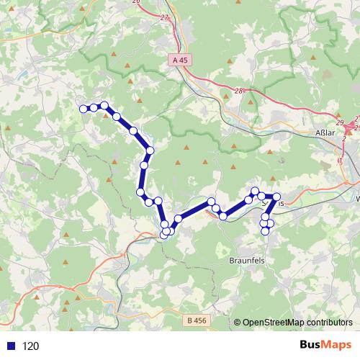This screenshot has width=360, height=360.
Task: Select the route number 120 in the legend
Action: [30, 346]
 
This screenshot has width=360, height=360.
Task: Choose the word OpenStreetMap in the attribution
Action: [274, 323]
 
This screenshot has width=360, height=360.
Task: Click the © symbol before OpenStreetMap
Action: [237, 323]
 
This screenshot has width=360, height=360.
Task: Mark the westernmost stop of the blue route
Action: [83, 109]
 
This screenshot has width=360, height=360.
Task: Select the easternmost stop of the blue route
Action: [276, 197]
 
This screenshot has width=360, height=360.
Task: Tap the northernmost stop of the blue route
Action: [104, 105]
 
